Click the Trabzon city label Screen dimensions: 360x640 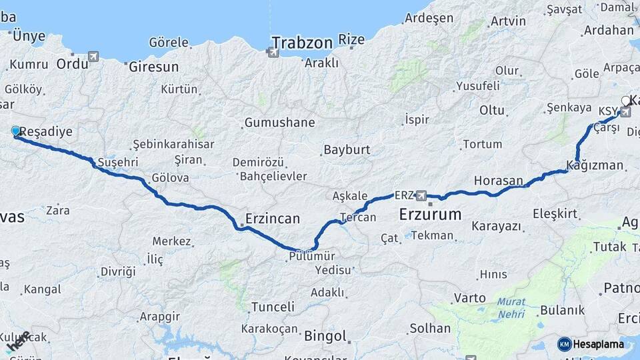point(302,43)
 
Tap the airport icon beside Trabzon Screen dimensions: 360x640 point(273,51)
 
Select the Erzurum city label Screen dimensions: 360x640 point(430,215)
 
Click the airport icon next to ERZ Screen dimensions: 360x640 point(421,195)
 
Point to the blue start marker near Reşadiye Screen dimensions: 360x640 point(16,131)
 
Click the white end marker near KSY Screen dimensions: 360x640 point(625,101)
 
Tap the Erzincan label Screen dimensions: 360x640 point(273,218)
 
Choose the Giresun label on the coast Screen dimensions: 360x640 point(154,67)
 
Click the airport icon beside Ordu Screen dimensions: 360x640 point(93,57)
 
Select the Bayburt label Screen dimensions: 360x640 point(347,149)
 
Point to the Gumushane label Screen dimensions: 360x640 point(279,123)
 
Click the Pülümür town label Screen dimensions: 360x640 point(312,256)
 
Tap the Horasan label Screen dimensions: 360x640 point(499,180)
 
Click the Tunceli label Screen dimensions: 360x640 point(273,307)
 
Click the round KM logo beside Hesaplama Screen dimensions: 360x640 point(564,344)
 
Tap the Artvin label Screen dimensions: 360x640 point(508,21)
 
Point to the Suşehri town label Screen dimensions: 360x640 point(117,162)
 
